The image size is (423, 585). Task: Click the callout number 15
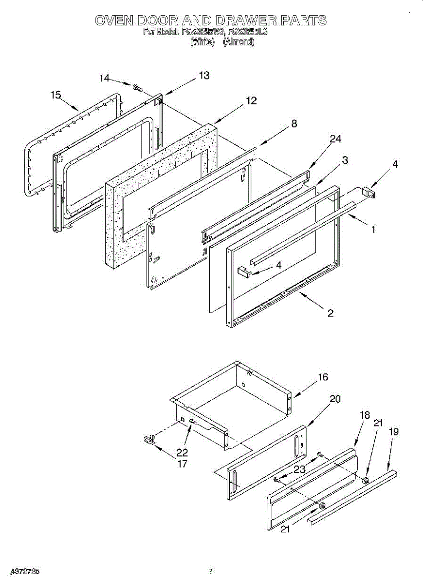(x=55, y=95)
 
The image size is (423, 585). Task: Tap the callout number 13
(x=203, y=75)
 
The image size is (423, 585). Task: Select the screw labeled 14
(x=137, y=88)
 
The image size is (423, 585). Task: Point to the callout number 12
(x=251, y=101)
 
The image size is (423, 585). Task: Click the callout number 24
(x=335, y=139)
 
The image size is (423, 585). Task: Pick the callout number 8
(x=294, y=123)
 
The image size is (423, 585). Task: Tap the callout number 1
(x=373, y=229)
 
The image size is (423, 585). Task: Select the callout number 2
(x=330, y=313)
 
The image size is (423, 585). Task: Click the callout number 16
(x=323, y=377)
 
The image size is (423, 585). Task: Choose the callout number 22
(x=182, y=452)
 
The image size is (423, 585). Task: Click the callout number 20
(x=335, y=398)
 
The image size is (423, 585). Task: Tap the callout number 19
(x=394, y=431)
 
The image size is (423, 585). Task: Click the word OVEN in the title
(x=114, y=20)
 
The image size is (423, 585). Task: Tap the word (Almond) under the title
(x=239, y=42)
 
